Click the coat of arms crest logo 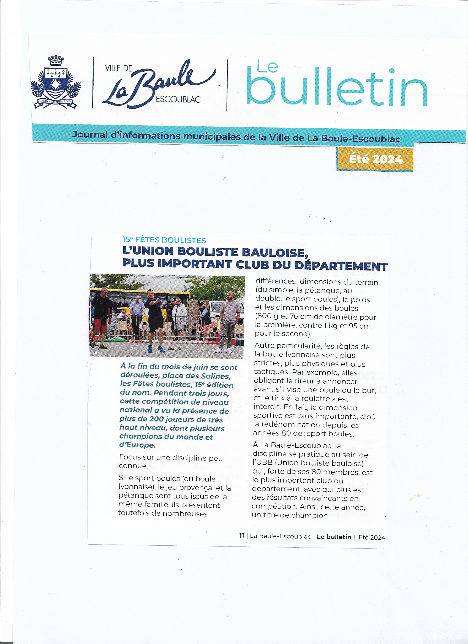[x=56, y=82]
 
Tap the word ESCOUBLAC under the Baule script [x=178, y=99]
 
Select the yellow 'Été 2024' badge [x=375, y=159]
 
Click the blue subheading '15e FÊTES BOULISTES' [x=164, y=240]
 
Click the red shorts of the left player [x=99, y=325]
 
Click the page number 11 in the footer [x=242, y=536]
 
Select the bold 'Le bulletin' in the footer [x=334, y=537]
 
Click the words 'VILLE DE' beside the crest [x=119, y=68]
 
